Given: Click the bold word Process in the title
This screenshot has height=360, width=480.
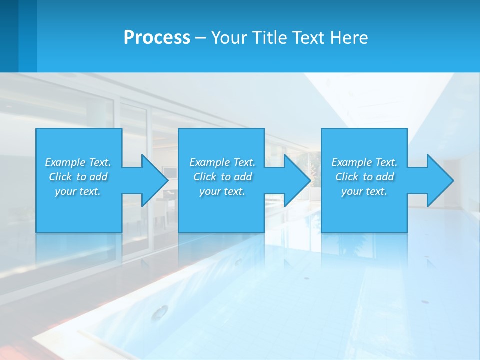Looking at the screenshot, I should [157, 38].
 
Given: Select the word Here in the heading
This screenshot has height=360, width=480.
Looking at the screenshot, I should [349, 38].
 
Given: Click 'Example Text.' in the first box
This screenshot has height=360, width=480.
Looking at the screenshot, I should [78, 162].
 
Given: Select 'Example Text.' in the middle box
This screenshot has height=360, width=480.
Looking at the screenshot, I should [222, 162].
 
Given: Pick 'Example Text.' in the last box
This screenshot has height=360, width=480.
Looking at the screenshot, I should [364, 162].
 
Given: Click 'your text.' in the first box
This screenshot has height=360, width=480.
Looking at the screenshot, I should [78, 191].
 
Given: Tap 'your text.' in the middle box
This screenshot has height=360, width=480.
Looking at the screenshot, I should [222, 191].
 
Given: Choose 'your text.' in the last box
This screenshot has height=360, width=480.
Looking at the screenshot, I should [364, 191].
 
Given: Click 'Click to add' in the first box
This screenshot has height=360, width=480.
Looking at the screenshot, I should [78, 177].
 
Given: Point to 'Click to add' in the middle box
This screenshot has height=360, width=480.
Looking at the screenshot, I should [222, 177].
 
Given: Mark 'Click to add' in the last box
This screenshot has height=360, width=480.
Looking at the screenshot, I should [364, 177].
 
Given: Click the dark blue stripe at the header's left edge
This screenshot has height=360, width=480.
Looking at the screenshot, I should [9, 36].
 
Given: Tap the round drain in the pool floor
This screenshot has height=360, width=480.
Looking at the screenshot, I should [160, 313].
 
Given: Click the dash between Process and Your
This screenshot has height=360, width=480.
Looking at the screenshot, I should [201, 38].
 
